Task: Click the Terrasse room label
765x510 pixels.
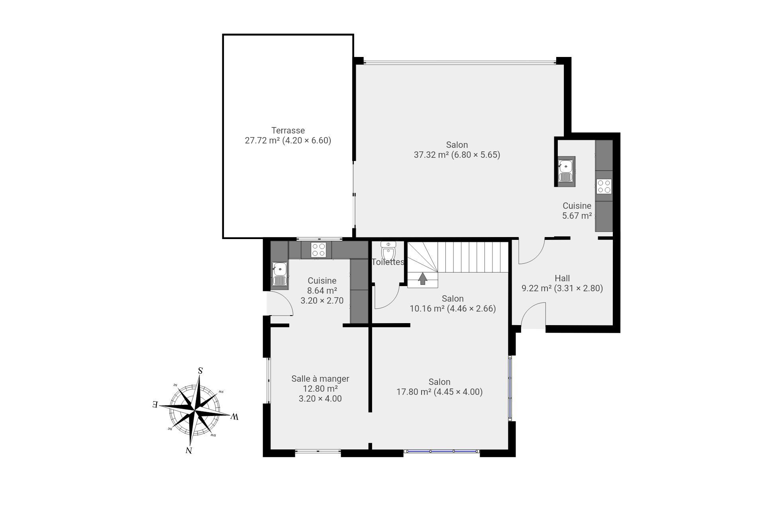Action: [288, 130]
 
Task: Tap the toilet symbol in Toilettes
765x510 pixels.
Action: [388, 251]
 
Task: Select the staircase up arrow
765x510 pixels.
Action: [422, 279]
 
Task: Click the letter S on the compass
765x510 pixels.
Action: [200, 371]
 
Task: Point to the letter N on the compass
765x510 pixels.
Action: [189, 450]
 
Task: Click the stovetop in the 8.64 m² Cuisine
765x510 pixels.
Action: [319, 250]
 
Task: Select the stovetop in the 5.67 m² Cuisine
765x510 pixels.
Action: [604, 186]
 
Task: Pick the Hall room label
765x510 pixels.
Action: [562, 278]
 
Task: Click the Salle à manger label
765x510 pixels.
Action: [320, 379]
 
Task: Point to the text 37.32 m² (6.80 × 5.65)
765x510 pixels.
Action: [457, 155]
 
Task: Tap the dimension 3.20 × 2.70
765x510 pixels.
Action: [322, 300]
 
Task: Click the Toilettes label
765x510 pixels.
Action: [388, 262]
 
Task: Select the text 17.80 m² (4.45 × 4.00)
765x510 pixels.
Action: [439, 392]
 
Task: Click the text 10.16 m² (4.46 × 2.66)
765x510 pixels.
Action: [453, 308]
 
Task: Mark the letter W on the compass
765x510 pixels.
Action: [234, 417]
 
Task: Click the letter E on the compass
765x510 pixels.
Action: [155, 404]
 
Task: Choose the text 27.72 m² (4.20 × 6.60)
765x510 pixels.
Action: [288, 140]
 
